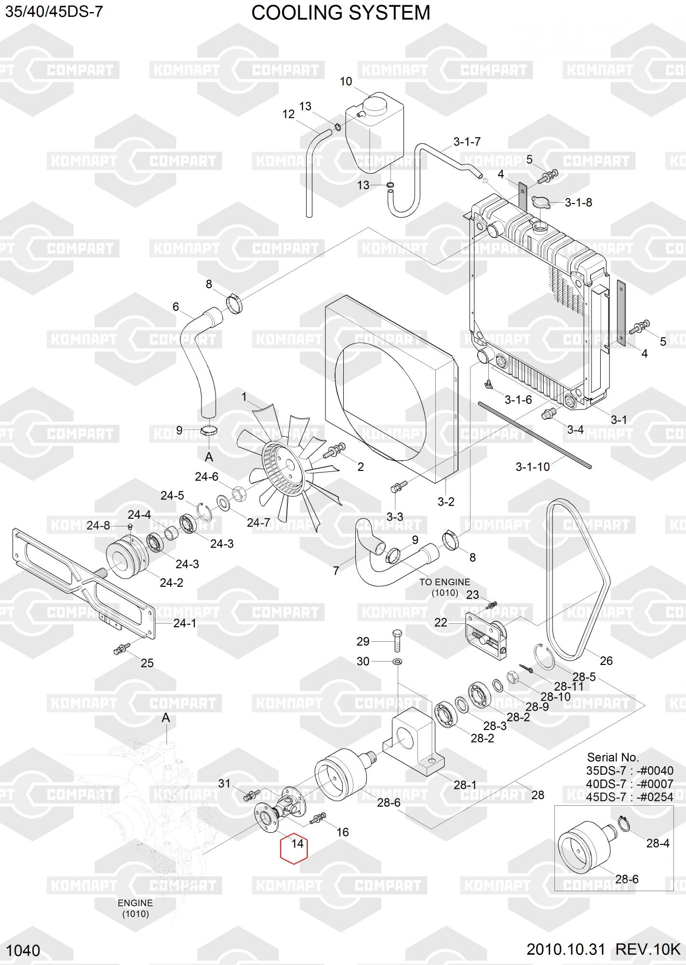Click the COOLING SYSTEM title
(x=341, y=13)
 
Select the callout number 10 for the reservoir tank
(x=346, y=82)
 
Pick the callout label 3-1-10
(x=532, y=467)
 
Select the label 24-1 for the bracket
(x=185, y=623)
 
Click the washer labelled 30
(x=397, y=661)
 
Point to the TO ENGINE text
(x=444, y=582)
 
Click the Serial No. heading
(x=613, y=757)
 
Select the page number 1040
(x=24, y=951)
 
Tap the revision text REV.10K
(x=647, y=950)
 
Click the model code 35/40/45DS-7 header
(x=54, y=12)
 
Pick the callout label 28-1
(x=465, y=785)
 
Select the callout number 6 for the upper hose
(x=175, y=306)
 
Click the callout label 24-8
(x=98, y=525)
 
